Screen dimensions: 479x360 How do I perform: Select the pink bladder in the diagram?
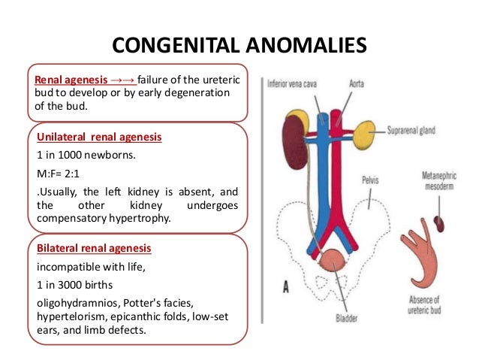pyautogui.click(x=333, y=263)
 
